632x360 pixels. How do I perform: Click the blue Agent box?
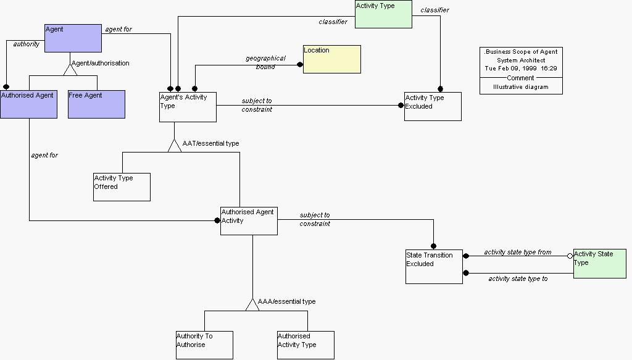pyautogui.click(x=73, y=38)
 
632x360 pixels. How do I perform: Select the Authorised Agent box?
pyautogui.click(x=28, y=104)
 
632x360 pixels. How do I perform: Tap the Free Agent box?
pyautogui.click(x=96, y=104)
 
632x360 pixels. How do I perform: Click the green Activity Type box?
pyautogui.click(x=383, y=14)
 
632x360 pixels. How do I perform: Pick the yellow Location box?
pyautogui.click(x=331, y=59)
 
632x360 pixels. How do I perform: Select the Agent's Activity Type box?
pyautogui.click(x=188, y=107)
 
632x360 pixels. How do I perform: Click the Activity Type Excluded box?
pyautogui.click(x=433, y=106)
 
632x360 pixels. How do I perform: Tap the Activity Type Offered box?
pyautogui.click(x=122, y=186)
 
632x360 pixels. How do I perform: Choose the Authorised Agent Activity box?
pyautogui.click(x=249, y=220)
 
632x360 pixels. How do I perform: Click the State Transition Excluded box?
pyautogui.click(x=434, y=267)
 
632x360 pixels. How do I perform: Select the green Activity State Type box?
pyautogui.click(x=599, y=264)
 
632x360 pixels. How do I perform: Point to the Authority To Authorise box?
pyautogui.click(x=204, y=345)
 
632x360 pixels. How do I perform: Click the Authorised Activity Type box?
pyautogui.click(x=306, y=345)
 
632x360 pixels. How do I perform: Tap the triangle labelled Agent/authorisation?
pyautogui.click(x=70, y=69)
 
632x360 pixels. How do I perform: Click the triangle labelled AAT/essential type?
pyautogui.click(x=175, y=146)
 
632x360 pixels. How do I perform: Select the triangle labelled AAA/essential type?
pyautogui.click(x=252, y=304)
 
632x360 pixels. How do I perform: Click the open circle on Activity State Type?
pyautogui.click(x=570, y=256)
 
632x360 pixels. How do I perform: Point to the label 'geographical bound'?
pyautogui.click(x=265, y=62)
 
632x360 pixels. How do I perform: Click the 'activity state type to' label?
pyautogui.click(x=518, y=278)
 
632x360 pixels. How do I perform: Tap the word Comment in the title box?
pyautogui.click(x=520, y=78)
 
